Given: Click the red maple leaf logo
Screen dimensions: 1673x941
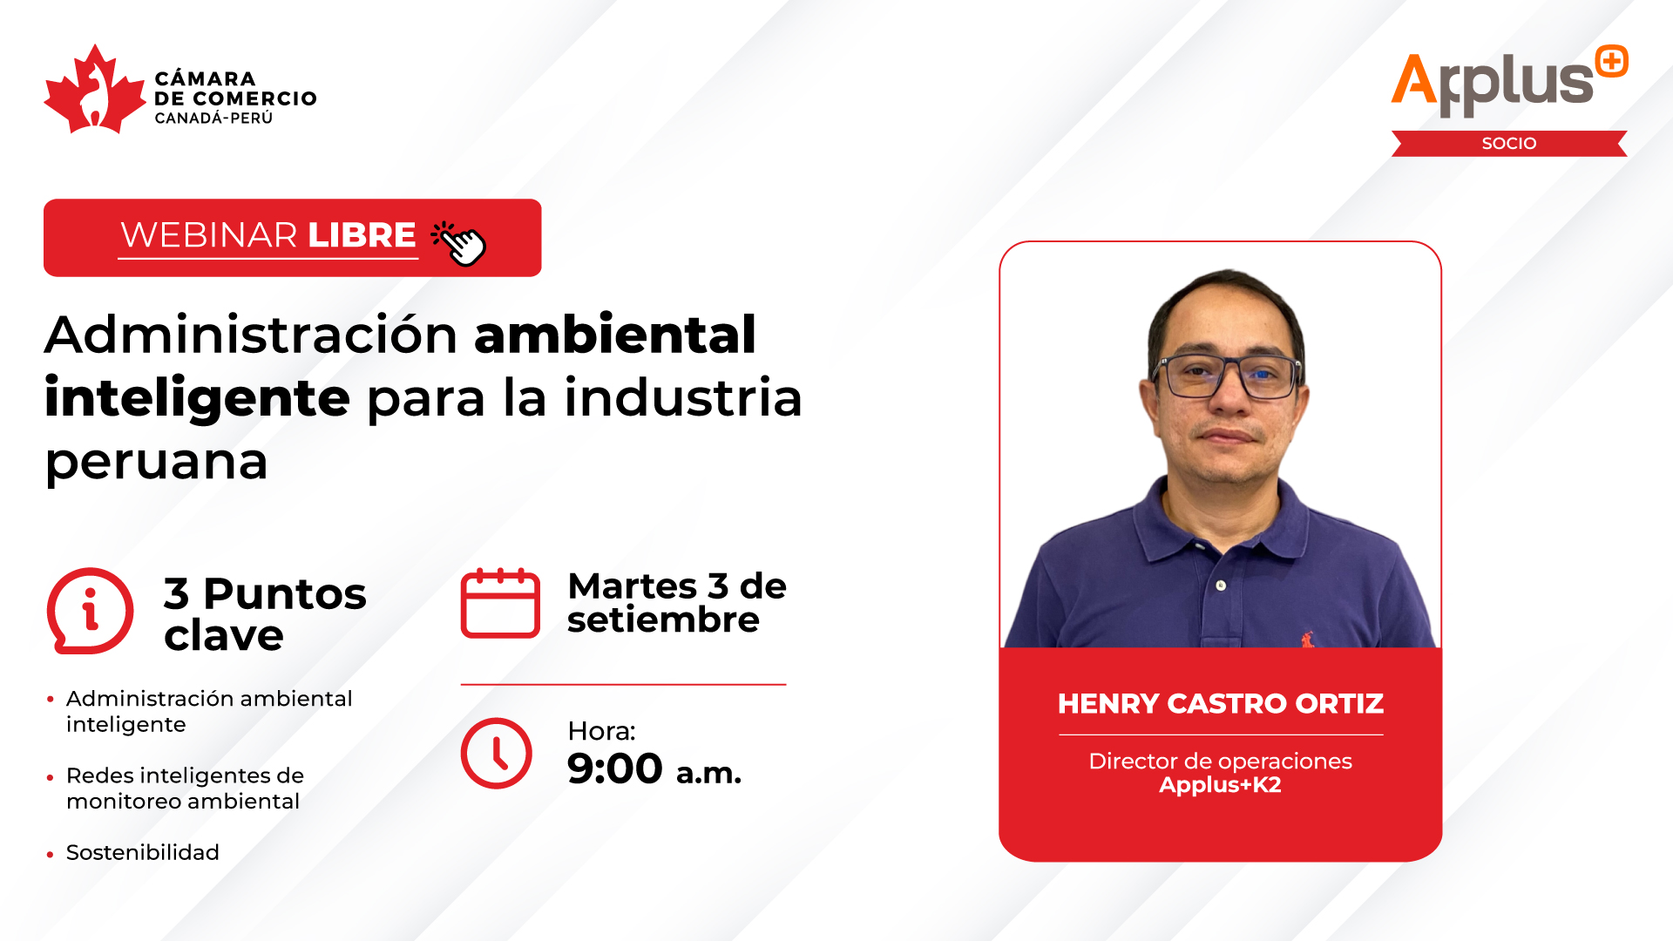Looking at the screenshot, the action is (94, 90).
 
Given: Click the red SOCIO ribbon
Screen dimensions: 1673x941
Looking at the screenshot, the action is (1509, 144).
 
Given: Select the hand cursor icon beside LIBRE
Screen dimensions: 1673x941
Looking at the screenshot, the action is (459, 242).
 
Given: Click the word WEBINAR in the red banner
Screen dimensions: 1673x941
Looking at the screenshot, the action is (209, 235).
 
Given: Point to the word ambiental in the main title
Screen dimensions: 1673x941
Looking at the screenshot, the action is (615, 335).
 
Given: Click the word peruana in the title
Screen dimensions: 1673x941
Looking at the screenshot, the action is (156, 463).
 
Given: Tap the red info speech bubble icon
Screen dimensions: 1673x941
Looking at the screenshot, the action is (90, 611).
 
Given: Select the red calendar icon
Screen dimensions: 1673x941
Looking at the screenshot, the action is (500, 603).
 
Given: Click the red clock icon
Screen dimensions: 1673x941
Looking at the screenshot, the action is (496, 754).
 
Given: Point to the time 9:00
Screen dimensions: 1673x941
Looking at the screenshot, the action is (614, 768).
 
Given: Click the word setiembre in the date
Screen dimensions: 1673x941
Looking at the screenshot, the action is (663, 620).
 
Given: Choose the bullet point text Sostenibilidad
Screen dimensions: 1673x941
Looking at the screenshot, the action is (143, 852).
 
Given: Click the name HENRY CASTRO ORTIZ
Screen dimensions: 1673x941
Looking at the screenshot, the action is (1221, 703).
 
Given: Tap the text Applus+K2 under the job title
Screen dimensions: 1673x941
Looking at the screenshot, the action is (1220, 785).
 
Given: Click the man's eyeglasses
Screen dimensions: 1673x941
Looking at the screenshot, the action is (1228, 376).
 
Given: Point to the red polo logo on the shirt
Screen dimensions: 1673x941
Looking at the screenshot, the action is (1307, 640).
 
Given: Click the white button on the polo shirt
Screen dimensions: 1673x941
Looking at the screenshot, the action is (1221, 586).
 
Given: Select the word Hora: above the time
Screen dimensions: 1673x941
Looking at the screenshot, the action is (601, 731).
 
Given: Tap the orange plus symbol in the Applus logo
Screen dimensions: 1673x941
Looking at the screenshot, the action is (1612, 61).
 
